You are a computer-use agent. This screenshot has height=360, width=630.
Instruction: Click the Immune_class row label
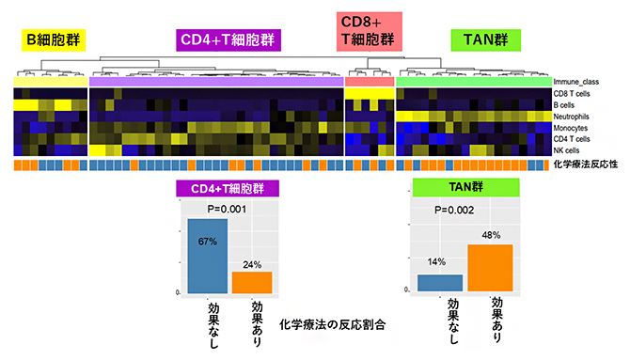click(x=577, y=82)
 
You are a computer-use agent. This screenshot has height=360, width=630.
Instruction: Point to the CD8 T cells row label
click(x=573, y=93)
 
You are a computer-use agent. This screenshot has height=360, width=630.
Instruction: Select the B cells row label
click(x=566, y=104)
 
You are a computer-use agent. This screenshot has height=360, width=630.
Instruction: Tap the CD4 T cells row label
click(x=573, y=138)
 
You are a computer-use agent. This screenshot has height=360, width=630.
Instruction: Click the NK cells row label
click(x=567, y=149)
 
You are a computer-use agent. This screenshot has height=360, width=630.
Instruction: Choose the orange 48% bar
click(x=489, y=268)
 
